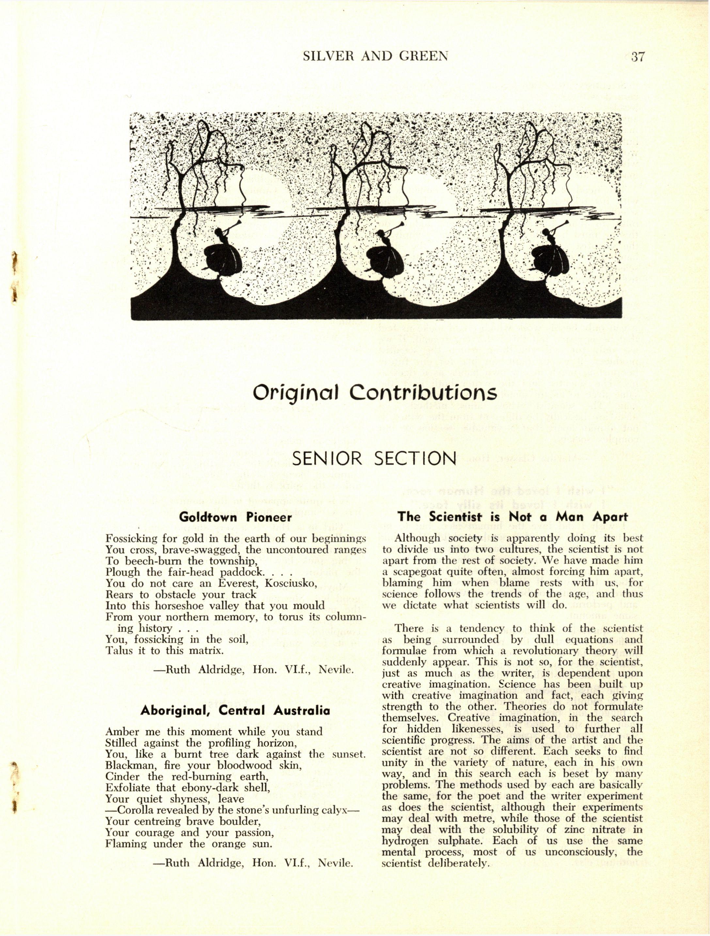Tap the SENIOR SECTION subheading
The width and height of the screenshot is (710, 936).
coord(374,458)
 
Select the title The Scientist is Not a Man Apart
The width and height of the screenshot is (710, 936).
coord(513,517)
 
